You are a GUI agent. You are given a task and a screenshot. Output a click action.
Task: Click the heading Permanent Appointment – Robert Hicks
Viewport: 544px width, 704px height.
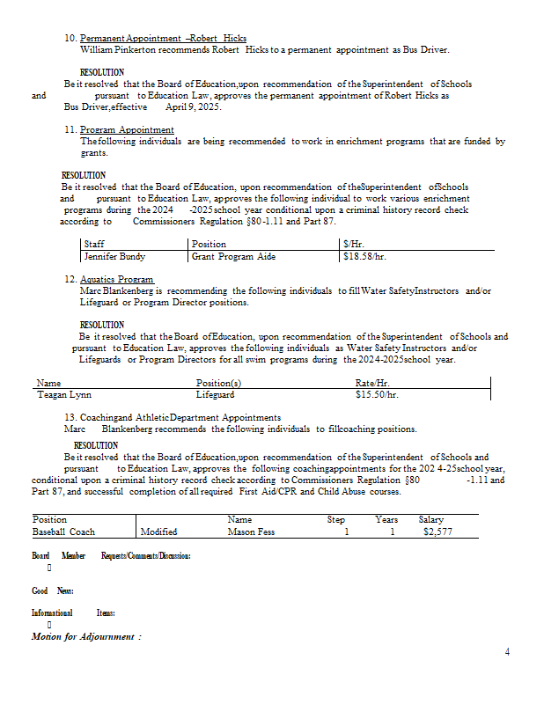[x=163, y=40]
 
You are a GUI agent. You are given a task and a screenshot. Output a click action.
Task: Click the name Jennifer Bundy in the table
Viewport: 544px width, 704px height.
[x=114, y=257]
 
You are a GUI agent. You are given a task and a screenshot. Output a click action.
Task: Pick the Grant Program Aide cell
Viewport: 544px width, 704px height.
[x=234, y=257]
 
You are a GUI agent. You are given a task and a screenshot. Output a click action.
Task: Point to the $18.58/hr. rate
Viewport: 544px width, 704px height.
[x=365, y=257]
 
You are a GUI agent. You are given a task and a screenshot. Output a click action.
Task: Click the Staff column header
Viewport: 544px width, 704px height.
[x=94, y=244]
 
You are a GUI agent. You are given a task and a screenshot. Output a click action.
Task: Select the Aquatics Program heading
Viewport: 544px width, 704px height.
[x=117, y=280]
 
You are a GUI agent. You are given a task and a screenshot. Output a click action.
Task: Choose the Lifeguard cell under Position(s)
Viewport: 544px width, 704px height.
[x=217, y=396]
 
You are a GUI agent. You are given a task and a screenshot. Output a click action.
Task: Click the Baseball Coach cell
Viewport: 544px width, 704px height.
[x=63, y=532]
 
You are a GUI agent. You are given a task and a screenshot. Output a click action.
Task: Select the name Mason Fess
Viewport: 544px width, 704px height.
[x=251, y=532]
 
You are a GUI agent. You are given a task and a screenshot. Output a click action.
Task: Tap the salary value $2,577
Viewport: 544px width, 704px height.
[x=437, y=532]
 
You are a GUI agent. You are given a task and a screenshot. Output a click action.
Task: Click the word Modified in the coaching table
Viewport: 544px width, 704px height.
[x=158, y=532]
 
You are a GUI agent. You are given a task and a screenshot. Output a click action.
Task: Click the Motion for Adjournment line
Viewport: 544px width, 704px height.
[x=86, y=636]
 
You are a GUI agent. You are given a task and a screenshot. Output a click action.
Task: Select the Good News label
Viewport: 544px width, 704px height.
[x=52, y=590]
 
